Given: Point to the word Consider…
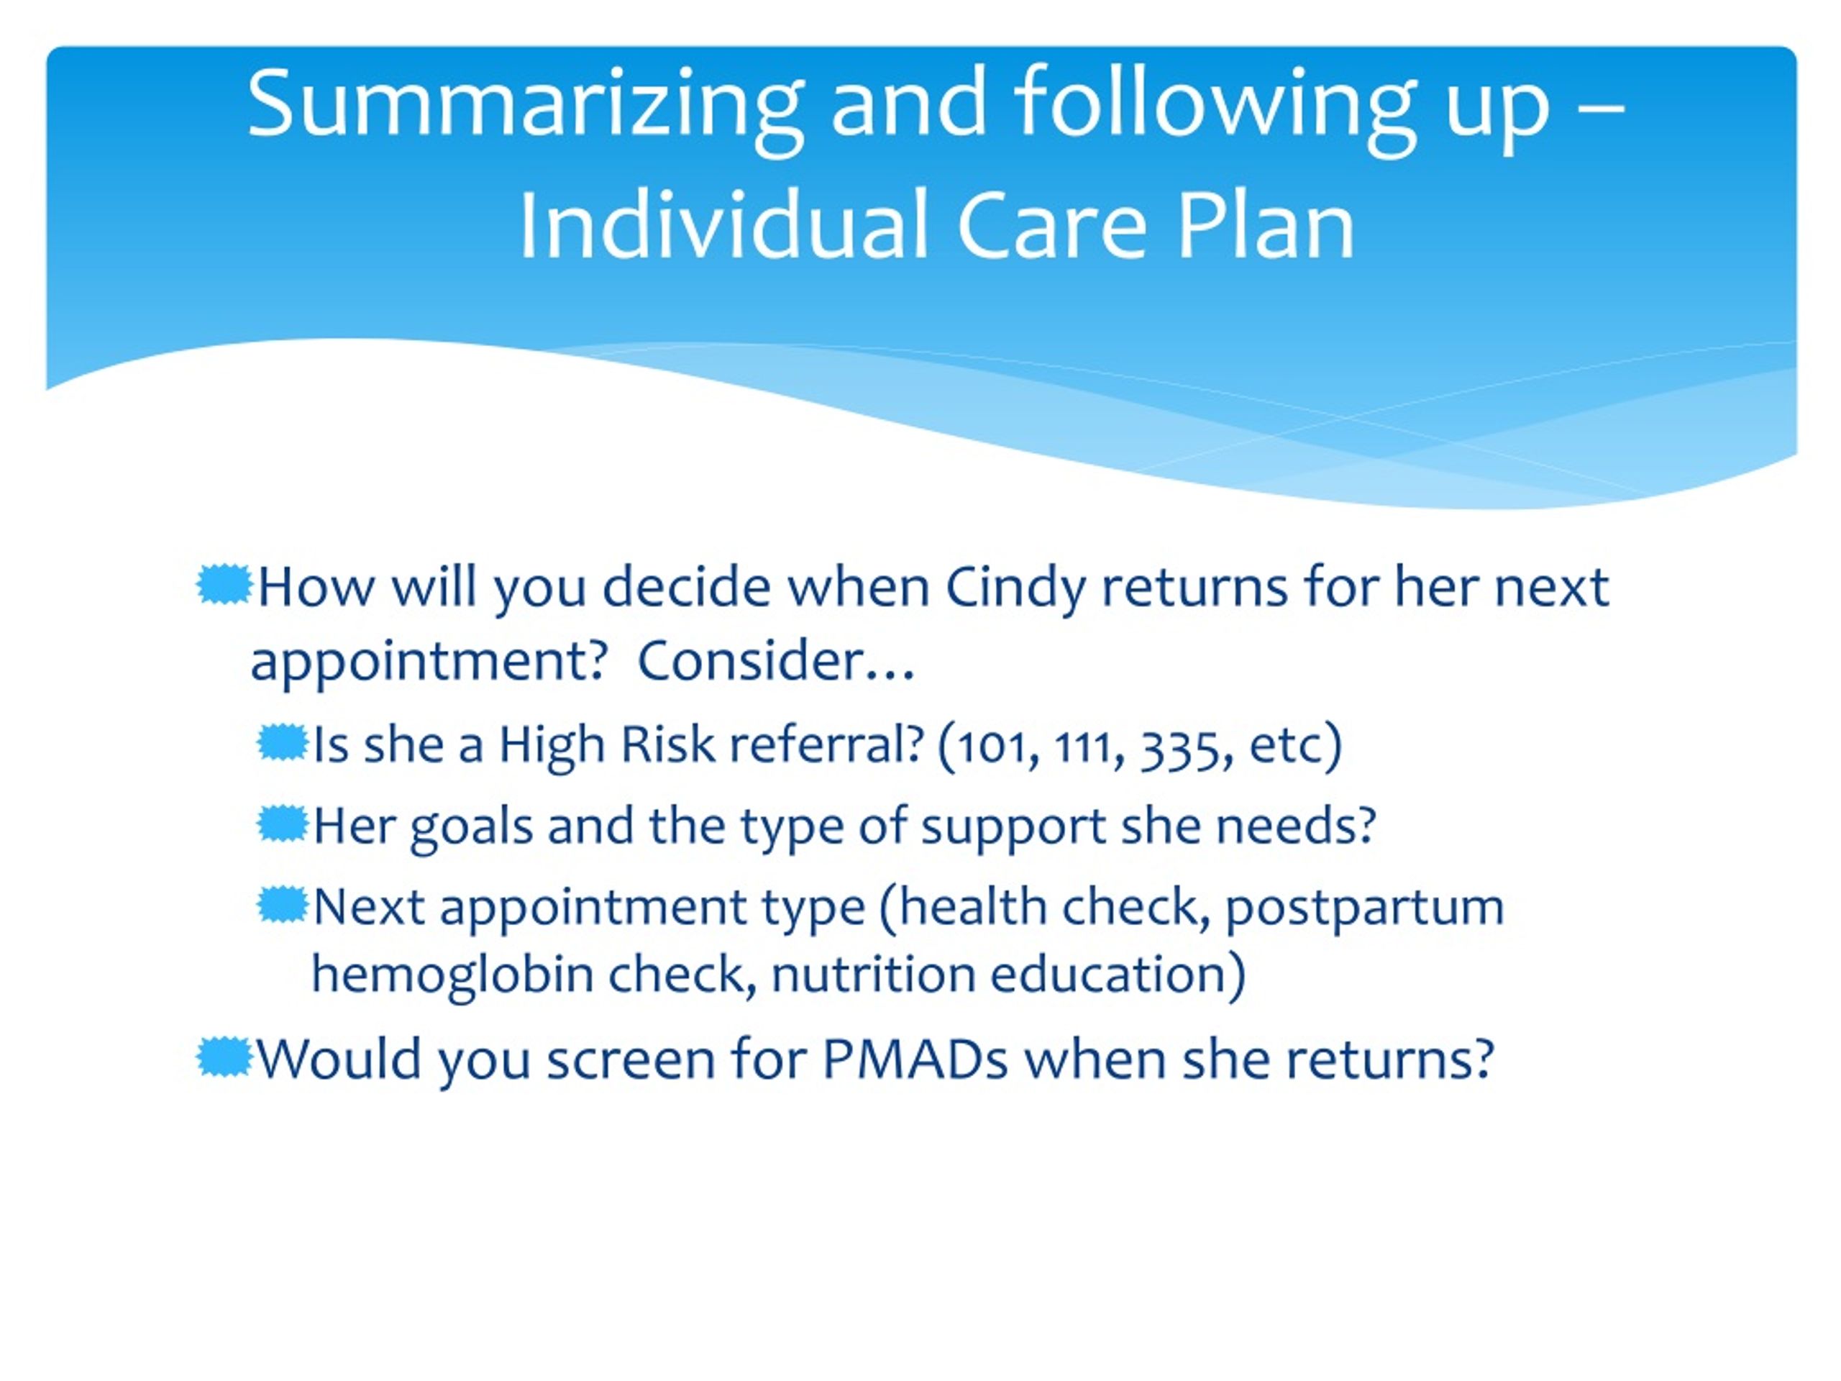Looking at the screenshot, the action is click(776, 661).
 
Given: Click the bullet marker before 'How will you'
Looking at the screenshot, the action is click(224, 585).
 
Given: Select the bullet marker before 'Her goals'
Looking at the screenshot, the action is click(282, 824).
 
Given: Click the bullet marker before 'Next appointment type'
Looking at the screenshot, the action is click(282, 905).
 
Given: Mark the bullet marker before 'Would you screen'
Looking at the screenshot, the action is click(224, 1057).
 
